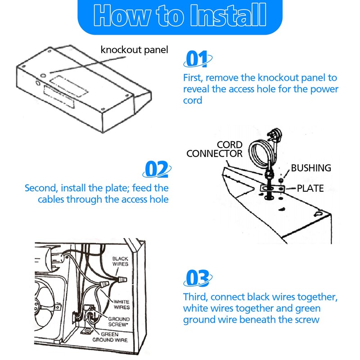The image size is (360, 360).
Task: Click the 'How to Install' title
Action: pyautogui.click(x=180, y=15)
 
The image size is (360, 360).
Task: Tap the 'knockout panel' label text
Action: pyautogui.click(x=134, y=50)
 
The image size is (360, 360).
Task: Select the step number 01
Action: pyautogui.click(x=197, y=58)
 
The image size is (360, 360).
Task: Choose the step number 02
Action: pyautogui.click(x=157, y=169)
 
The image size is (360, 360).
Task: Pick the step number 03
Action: pyautogui.click(x=198, y=278)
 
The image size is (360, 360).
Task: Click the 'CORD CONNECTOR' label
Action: pyautogui.click(x=215, y=149)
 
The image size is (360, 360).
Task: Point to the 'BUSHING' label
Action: pyautogui.click(x=311, y=168)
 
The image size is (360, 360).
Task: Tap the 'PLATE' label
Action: pyautogui.click(x=310, y=188)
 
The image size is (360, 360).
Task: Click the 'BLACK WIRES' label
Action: pyautogui.click(x=120, y=261)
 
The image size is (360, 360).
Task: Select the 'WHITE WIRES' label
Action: pyautogui.click(x=121, y=305)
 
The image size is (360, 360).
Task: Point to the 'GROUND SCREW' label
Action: pyautogui.click(x=119, y=322)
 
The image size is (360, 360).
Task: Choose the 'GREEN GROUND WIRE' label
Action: pyautogui.click(x=110, y=337)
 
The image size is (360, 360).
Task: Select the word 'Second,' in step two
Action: pyautogui.click(x=41, y=188)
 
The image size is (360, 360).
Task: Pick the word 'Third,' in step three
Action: pyautogui.click(x=195, y=297)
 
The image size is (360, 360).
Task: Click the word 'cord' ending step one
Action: pyautogui.click(x=193, y=100)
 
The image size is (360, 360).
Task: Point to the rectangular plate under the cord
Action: pyautogui.click(x=273, y=189)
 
